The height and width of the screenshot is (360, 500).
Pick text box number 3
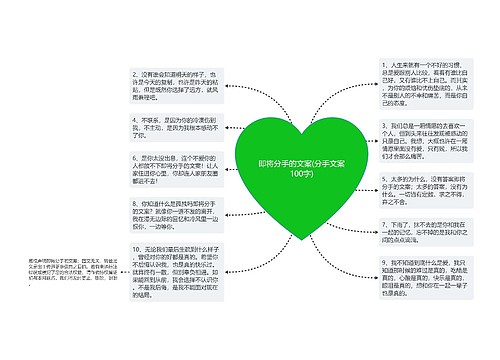coord(415,138)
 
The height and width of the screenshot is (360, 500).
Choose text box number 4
coord(165,129)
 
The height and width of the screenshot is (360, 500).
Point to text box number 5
coord(415,189)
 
